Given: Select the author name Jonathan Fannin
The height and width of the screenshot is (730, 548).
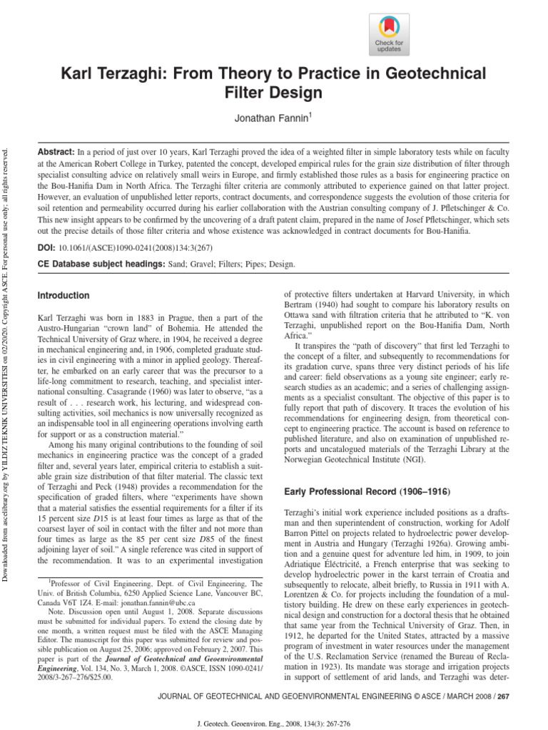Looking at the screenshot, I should coord(273,117).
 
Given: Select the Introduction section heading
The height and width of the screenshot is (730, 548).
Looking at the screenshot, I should coord(64,295).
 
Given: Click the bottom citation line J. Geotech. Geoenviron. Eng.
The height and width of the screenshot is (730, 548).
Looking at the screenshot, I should coord(274,721).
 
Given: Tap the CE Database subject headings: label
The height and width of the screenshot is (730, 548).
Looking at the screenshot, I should coord(96,264).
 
